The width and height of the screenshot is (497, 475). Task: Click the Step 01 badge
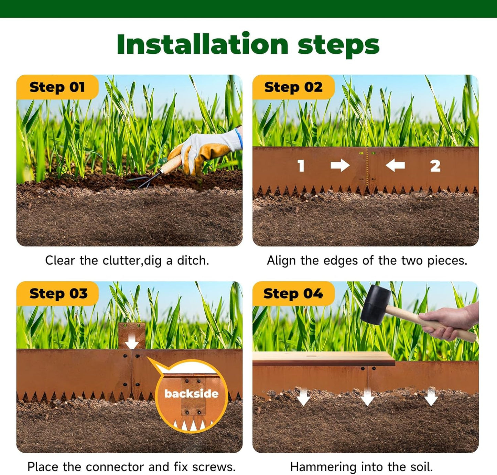click(57, 87)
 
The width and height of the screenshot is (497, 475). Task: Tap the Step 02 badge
click(293, 87)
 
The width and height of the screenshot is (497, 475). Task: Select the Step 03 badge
click(58, 294)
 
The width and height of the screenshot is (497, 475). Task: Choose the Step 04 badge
click(293, 294)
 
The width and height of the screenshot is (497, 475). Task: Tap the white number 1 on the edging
click(301, 166)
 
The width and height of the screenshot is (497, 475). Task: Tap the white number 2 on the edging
click(435, 166)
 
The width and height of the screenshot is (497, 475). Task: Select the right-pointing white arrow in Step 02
click(340, 165)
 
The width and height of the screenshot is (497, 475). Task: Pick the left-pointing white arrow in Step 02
click(395, 165)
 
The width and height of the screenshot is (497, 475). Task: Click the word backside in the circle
click(191, 393)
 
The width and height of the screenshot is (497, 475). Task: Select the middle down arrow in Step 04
click(367, 397)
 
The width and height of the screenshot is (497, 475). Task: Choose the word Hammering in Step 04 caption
click(318, 467)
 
